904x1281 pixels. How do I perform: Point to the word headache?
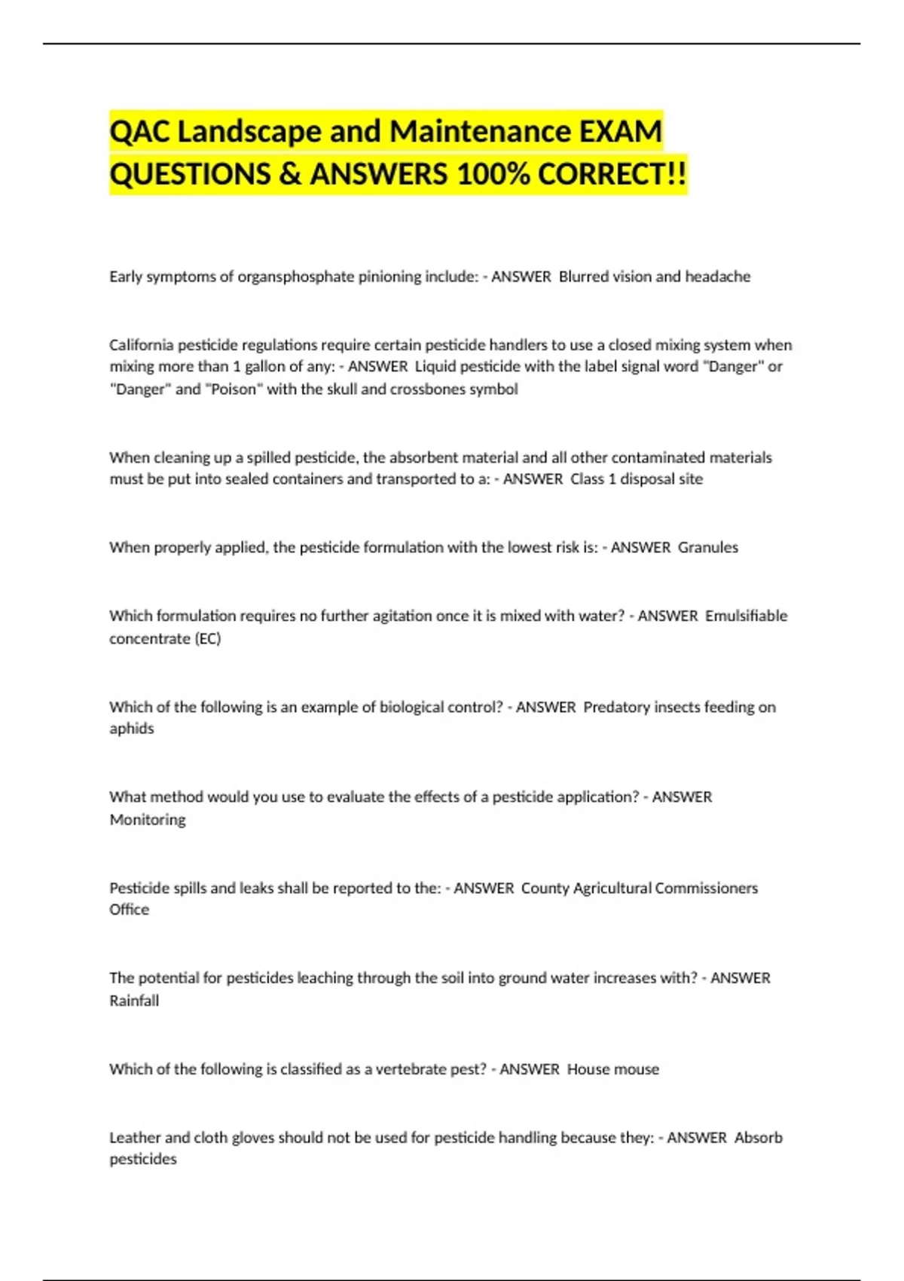[717, 277]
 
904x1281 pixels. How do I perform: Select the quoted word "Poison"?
[234, 390]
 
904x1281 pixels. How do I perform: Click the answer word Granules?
[707, 548]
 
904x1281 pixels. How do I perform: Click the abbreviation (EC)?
[208, 639]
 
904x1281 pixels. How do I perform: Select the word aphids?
[132, 729]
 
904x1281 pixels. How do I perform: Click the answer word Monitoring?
[148, 820]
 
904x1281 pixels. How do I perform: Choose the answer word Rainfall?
[134, 1001]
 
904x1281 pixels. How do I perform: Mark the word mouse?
[634, 1069]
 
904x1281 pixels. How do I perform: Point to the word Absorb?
[758, 1138]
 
